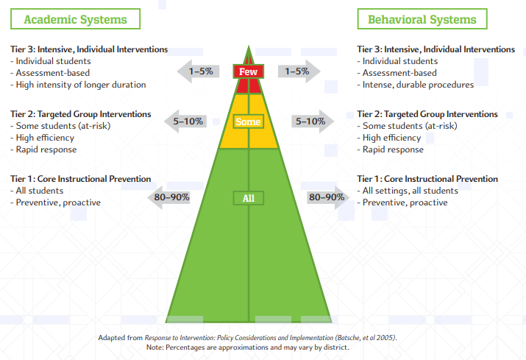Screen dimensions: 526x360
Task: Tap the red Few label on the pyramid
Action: pyautogui.click(x=248, y=71)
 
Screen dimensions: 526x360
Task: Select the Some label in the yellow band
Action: pyautogui.click(x=248, y=121)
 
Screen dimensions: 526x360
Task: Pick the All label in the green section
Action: pyautogui.click(x=248, y=198)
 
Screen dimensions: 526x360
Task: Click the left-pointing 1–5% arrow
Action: pyautogui.click(x=198, y=71)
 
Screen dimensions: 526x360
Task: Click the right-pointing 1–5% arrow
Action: pyautogui.click(x=299, y=71)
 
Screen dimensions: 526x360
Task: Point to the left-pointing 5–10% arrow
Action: pyautogui.click(x=185, y=121)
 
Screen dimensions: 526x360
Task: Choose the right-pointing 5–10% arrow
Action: pyautogui.click(x=313, y=121)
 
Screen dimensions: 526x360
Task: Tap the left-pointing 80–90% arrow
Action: pyautogui.click(x=168, y=197)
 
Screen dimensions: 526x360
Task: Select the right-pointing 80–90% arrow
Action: pyautogui.click(x=328, y=197)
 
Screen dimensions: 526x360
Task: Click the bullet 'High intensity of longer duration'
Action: pyautogui.click(x=78, y=85)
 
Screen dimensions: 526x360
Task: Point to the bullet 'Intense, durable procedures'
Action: pyautogui.click(x=416, y=85)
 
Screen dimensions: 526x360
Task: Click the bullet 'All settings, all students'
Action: pyautogui.click(x=408, y=191)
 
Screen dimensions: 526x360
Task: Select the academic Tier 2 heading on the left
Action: pyautogui.click(x=80, y=114)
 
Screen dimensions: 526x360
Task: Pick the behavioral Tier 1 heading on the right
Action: pyautogui.click(x=427, y=179)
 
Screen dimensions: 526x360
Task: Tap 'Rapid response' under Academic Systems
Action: pyautogui.click(x=43, y=149)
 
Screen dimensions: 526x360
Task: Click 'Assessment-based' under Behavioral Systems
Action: pyautogui.click(x=397, y=73)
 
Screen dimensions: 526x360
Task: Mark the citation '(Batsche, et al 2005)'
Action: pyautogui.click(x=366, y=337)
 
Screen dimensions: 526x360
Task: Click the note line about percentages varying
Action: pyautogui.click(x=248, y=347)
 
